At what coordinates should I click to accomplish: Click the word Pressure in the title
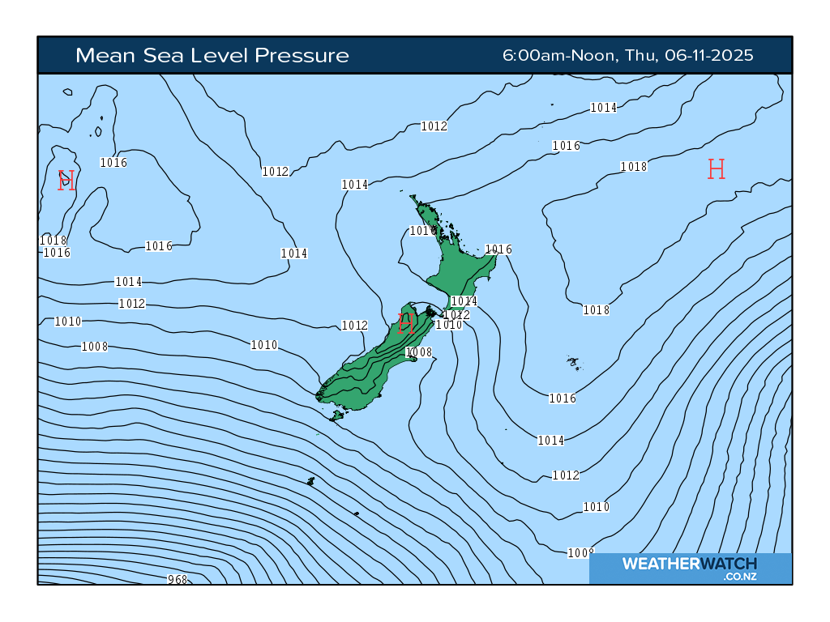point(302,55)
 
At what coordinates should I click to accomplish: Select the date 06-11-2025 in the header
point(709,55)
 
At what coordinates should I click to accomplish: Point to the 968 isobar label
point(177,579)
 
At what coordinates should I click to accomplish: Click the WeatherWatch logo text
point(690,564)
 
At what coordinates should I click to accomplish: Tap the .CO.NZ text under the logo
point(740,577)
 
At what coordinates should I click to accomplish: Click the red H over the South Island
point(407,324)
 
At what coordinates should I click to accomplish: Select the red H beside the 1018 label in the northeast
point(716,168)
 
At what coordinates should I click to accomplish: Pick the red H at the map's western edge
point(66,180)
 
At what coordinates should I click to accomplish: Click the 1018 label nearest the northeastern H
point(634,167)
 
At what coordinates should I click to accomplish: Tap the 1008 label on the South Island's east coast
point(419,352)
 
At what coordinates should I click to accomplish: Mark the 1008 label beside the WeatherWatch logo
point(580,552)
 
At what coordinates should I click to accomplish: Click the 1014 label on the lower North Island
point(464,301)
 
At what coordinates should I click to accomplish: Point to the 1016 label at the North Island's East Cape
point(498,249)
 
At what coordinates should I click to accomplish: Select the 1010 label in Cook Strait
point(449,325)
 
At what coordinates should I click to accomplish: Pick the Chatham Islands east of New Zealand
point(573,362)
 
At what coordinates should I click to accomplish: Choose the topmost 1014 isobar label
point(603,108)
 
